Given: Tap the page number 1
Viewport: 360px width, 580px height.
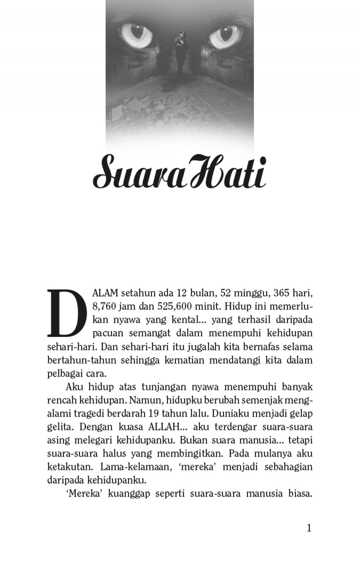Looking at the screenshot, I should (x=309, y=528).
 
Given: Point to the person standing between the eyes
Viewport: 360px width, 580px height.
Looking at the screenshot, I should (x=180, y=53).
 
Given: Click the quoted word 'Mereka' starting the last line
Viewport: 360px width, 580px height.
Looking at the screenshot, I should (x=83, y=493).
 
